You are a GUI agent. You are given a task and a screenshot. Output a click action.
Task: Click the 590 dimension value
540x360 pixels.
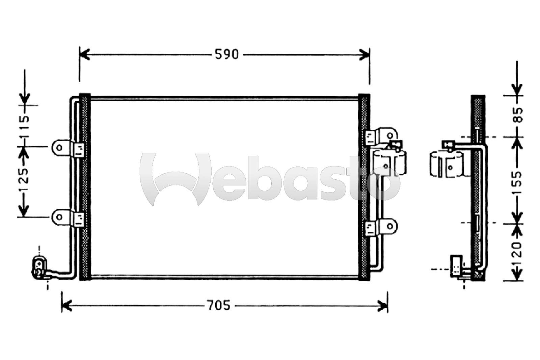[x=226, y=54]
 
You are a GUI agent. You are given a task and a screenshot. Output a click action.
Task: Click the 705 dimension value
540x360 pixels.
[x=219, y=306]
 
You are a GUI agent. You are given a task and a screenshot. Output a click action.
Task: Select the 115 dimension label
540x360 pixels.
[x=25, y=127]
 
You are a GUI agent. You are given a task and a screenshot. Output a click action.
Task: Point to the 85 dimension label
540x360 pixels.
[x=518, y=115]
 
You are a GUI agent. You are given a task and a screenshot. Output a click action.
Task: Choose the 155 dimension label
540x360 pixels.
[x=518, y=182]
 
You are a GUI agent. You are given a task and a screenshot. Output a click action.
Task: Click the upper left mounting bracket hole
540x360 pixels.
[x=59, y=148]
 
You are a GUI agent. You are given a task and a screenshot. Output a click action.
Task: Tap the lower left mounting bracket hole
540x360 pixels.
[x=59, y=217]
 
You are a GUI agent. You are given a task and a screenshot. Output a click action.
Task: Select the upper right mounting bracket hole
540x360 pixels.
[x=390, y=136]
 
